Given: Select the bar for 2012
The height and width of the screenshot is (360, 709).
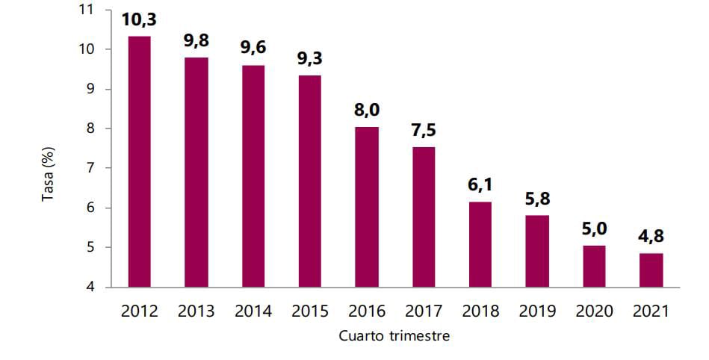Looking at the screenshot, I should [x=140, y=161].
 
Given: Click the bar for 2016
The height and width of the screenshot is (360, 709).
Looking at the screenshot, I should [x=367, y=207].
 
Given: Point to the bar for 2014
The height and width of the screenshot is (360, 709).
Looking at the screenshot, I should [x=253, y=176].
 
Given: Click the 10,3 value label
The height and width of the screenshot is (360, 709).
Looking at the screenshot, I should [x=140, y=20].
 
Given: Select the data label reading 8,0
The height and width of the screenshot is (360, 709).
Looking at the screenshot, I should [x=367, y=110].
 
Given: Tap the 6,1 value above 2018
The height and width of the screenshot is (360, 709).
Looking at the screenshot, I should [x=480, y=184].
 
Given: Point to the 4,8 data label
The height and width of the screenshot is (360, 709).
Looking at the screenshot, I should [x=650, y=236].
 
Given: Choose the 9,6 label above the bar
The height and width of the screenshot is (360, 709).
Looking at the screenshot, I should [x=253, y=49].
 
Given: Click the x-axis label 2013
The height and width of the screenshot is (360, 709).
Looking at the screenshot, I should [x=196, y=311].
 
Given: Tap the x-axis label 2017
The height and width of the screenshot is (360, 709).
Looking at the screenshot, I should [x=424, y=311].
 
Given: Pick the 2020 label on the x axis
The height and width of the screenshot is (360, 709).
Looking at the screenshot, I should [x=593, y=311].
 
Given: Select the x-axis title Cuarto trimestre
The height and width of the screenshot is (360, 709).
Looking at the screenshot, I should [x=394, y=335].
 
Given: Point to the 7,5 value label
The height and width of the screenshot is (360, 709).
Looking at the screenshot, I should [x=424, y=130].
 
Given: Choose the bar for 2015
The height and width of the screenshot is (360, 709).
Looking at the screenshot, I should [x=310, y=181].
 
